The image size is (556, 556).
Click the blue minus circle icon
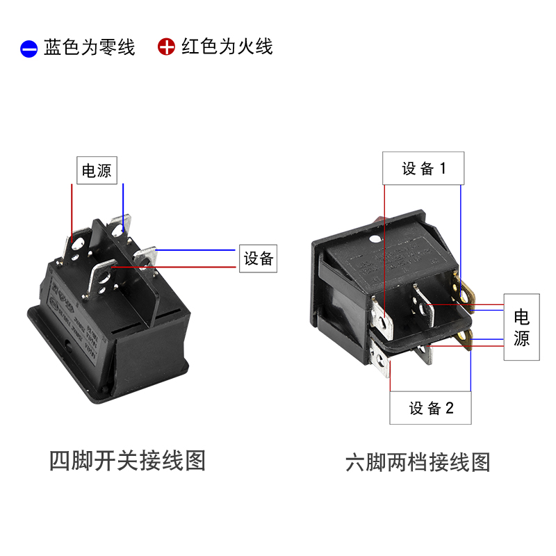pyautogui.click(x=28, y=49)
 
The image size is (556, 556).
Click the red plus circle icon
pyautogui.click(x=166, y=47)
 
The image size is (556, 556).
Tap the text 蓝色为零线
pyautogui.click(x=89, y=47)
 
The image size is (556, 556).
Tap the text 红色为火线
pyautogui.click(x=227, y=47)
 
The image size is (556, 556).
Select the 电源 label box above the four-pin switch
pyautogui.click(x=97, y=170)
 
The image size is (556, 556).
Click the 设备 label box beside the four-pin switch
pyautogui.click(x=258, y=259)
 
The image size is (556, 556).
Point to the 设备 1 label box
pyautogui.click(x=423, y=168)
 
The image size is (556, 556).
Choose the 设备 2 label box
pyautogui.click(x=431, y=408)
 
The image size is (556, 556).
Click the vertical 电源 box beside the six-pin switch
pyautogui.click(x=521, y=328)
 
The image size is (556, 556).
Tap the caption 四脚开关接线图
pyautogui.click(x=128, y=460)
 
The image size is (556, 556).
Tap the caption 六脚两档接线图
pyautogui.click(x=418, y=462)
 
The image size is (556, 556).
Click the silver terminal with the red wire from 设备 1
pyautogui.click(x=382, y=316)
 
